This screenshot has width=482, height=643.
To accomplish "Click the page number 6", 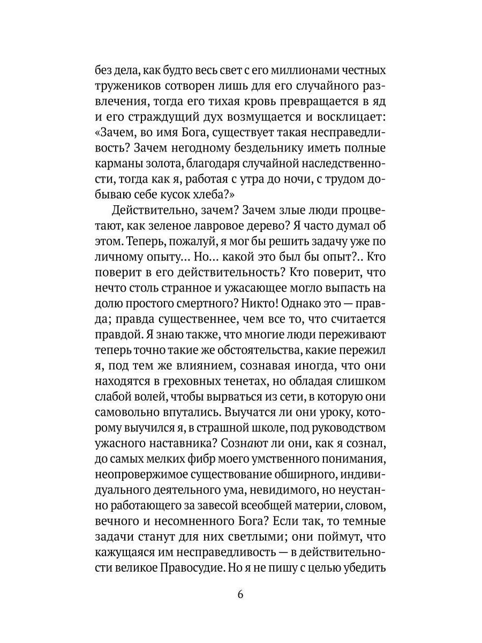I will pyautogui.click(x=240, y=595).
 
